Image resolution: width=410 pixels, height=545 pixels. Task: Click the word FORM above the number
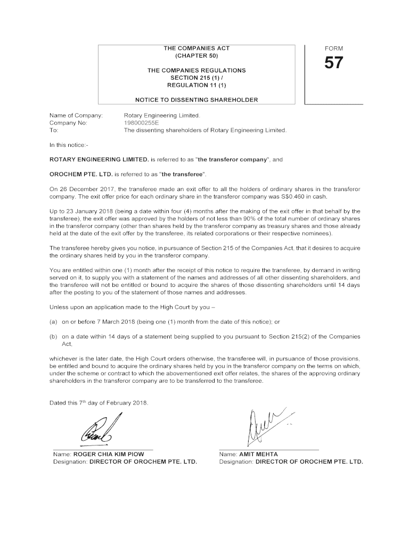pyautogui.click(x=334, y=48)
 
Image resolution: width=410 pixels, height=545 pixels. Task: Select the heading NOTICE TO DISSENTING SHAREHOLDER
pyautogui.click(x=196, y=100)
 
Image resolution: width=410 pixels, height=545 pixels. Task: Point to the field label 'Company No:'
pyautogui.click(x=68, y=122)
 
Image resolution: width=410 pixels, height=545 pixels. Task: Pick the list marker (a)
pyautogui.click(x=53, y=321)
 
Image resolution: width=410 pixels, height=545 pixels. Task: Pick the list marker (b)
pyautogui.click(x=53, y=336)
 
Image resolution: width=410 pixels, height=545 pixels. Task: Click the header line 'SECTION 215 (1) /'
pyautogui.click(x=196, y=78)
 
